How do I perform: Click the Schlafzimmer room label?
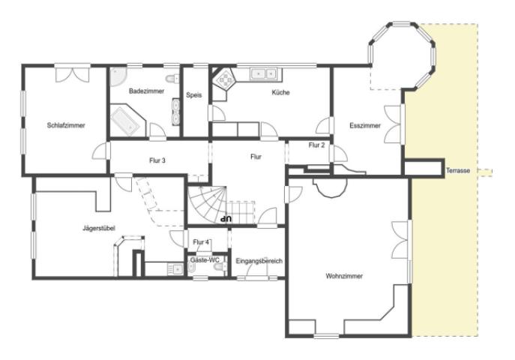pos(66,125)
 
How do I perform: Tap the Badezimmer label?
pos(146,91)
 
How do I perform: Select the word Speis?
pos(194,95)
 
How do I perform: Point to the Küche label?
pos(281,93)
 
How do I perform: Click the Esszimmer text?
pos(365,126)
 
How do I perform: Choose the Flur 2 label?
pos(316,145)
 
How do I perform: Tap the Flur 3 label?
pos(157,160)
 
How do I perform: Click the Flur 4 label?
pos(201,242)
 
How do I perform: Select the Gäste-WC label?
pos(205,260)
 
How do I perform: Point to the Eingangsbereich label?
pos(259,261)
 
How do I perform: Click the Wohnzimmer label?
pos(344,276)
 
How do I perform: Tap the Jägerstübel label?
pos(99,228)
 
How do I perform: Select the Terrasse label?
pos(458,171)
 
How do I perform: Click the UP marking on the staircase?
pos(226,217)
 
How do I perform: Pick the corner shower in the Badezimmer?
pos(117,76)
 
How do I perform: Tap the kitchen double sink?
pos(263,74)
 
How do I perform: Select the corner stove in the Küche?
pos(225,79)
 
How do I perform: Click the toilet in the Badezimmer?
pos(172,79)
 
